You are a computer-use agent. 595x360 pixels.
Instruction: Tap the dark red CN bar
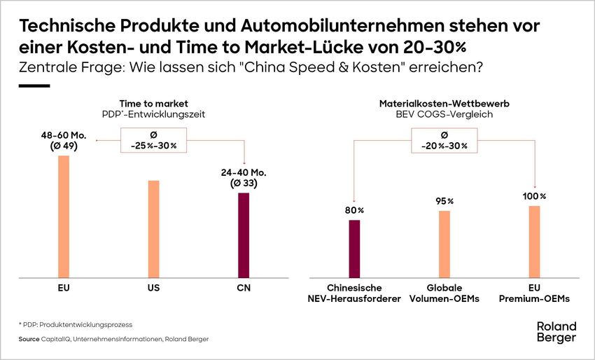[x=244, y=235]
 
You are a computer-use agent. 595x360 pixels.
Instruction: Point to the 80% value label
[x=354, y=210]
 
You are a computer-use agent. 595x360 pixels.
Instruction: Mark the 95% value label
[x=444, y=201]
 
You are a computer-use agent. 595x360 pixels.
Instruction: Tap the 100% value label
[x=534, y=195]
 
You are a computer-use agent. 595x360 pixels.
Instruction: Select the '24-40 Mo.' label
[x=244, y=172]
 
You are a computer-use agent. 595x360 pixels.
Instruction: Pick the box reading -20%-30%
[x=444, y=140]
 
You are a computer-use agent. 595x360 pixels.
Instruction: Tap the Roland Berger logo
[x=556, y=332]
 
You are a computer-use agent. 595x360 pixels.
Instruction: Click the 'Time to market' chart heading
[x=153, y=103]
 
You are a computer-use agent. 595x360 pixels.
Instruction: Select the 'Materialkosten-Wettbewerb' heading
[x=444, y=103]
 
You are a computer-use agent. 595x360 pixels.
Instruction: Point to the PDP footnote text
[x=76, y=325]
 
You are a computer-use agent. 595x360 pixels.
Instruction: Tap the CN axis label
[x=244, y=288]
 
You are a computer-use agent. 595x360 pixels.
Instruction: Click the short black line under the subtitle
[x=34, y=85]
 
